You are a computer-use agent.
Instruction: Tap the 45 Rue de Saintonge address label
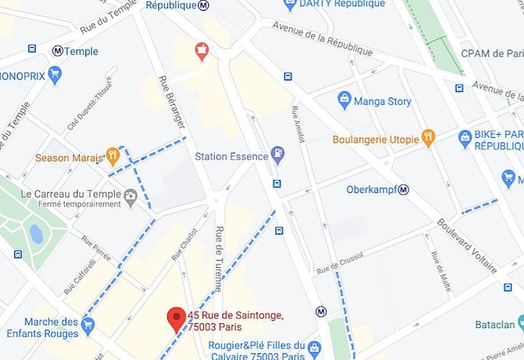tap(235, 320)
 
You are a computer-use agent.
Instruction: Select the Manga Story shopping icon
tap(345, 101)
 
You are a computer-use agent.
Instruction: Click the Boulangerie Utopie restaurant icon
tap(428, 139)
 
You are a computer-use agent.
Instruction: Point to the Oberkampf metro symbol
tap(403, 190)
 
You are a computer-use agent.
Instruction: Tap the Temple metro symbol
tap(57, 51)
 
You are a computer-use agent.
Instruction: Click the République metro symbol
tap(204, 5)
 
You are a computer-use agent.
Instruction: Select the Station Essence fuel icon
tap(277, 156)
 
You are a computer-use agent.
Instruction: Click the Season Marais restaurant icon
tap(113, 157)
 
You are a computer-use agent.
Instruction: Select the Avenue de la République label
tap(322, 38)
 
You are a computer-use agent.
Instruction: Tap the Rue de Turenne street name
tap(220, 259)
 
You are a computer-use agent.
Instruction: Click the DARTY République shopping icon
tap(290, 5)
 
